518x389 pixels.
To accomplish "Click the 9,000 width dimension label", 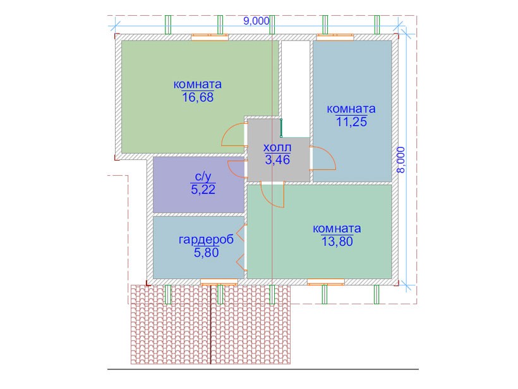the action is coord(256,21).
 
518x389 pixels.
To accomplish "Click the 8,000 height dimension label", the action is coord(401,160).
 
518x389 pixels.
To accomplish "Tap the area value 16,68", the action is coord(198,97).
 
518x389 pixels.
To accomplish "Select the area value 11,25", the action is coord(351,121).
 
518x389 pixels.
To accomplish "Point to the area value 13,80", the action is coord(337,242).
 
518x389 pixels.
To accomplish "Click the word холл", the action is coord(277,147).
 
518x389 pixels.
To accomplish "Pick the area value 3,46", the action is coord(277,160).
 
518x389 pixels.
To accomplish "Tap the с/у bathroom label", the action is coord(203,177).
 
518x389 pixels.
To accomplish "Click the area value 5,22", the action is coord(203,190).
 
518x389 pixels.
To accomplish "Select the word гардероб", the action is coord(206,240).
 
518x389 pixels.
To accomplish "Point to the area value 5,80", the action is coord(206,253).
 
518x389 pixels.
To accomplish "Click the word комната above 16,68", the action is coord(198,84).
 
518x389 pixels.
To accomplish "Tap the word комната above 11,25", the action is coord(351,109).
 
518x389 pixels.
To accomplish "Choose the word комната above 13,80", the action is coord(337,228).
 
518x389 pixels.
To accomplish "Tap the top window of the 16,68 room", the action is coord(210,37).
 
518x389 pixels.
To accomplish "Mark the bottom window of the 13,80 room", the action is coord(326,282).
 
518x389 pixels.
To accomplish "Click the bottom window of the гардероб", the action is coord(219,282).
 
